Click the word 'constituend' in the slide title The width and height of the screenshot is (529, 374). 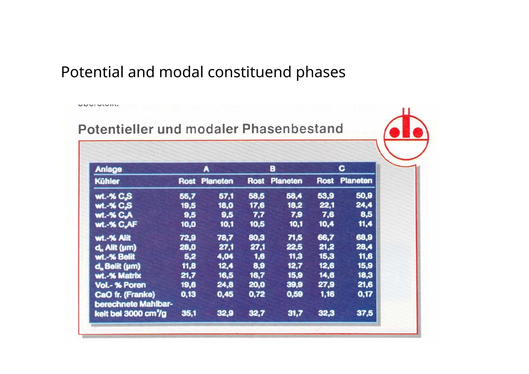tap(250, 72)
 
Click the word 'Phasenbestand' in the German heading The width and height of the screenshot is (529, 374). tap(292, 129)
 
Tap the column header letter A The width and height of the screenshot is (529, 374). tap(206, 169)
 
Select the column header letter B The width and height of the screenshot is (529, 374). tap(273, 169)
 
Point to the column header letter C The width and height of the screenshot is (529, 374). tap(341, 169)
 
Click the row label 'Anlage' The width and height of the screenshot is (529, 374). tap(108, 169)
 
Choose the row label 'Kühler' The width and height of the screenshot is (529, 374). tap(107, 181)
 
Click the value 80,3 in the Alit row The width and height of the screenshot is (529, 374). tap(256, 237)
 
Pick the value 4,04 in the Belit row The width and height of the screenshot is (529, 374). tap(225, 256)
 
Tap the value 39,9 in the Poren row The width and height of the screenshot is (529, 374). tap(294, 285)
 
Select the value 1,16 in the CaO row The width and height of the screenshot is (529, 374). tap(327, 294)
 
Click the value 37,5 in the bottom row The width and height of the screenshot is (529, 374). tap(365, 313)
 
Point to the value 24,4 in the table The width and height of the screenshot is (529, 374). tap(364, 205)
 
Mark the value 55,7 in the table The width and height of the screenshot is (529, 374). tap(188, 196)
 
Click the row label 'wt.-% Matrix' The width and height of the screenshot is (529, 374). tap(118, 276)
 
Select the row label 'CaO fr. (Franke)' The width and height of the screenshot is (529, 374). tap(125, 294)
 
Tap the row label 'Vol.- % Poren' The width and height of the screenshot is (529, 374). tap(120, 285)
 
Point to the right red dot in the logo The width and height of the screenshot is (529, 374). tap(418, 133)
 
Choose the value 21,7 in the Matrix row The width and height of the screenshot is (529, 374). tap(188, 275)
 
